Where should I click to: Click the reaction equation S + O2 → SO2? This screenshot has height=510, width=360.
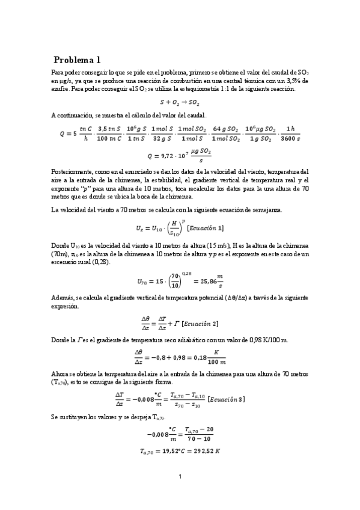point(180,102)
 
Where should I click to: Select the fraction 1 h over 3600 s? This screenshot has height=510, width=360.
point(291,134)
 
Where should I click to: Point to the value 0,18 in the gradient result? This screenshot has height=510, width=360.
point(191,357)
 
